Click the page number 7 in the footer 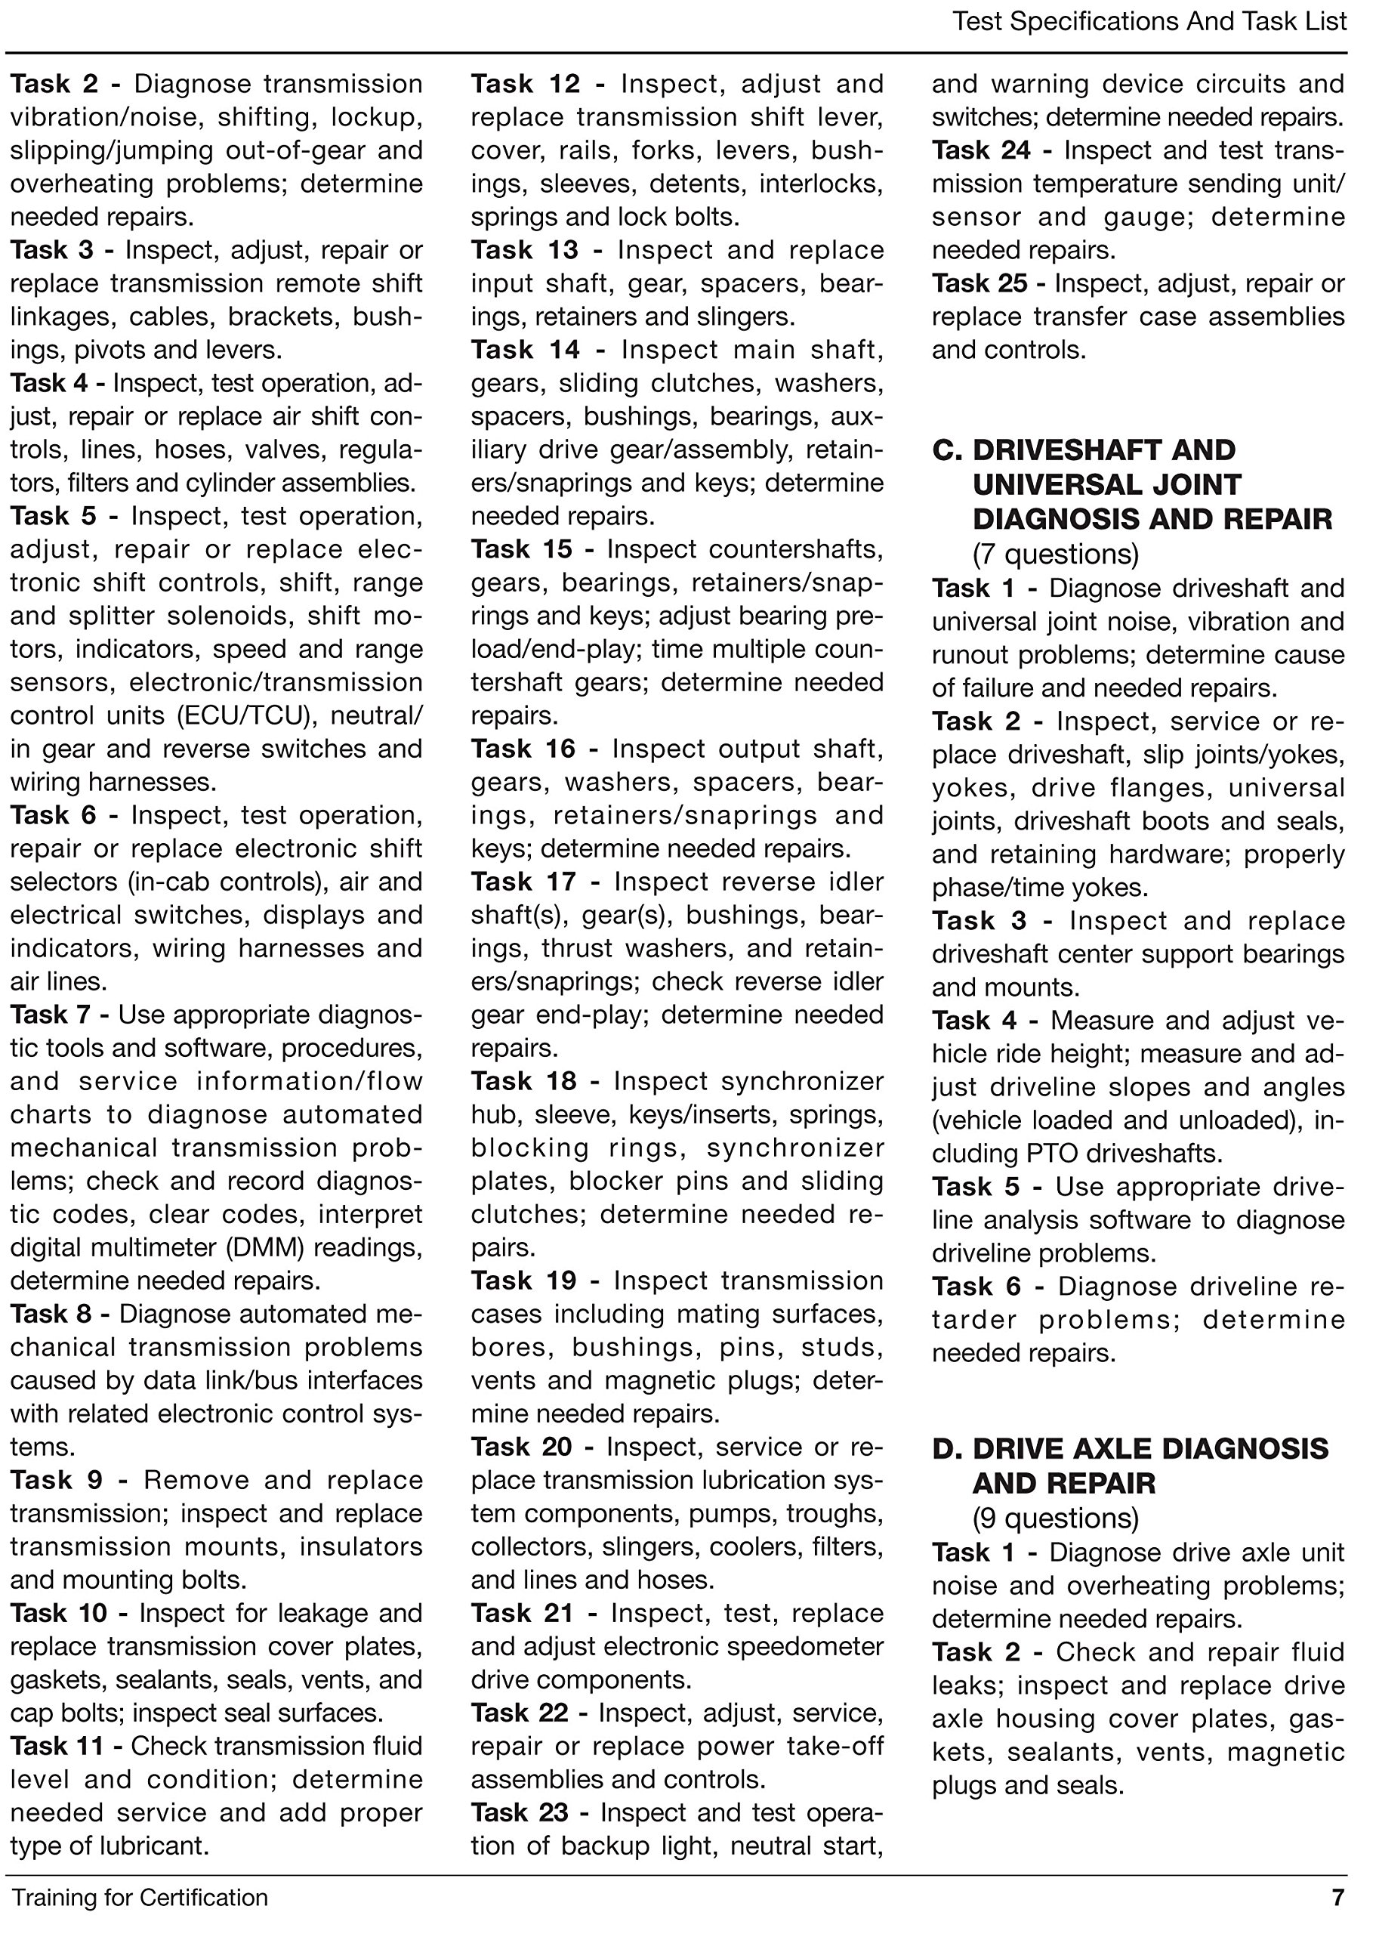pos(1337,1898)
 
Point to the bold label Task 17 pos(523,882)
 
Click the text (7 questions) pos(1056,555)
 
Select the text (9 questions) pos(1056,1518)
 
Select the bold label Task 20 pos(521,1447)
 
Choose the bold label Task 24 pos(981,150)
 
